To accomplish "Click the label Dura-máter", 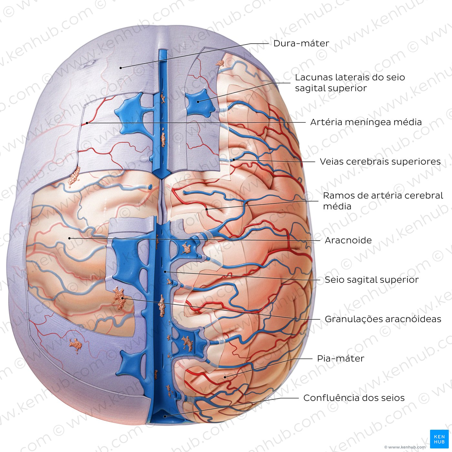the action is [301, 43].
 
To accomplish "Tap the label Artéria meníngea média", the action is [366, 122].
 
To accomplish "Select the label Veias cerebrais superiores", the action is [380, 162].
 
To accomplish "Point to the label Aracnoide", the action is [348, 241].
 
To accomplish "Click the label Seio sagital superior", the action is [372, 280].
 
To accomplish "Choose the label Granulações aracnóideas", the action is [383, 319].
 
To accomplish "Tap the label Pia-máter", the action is [341, 359].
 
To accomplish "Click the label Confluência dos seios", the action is [354, 398].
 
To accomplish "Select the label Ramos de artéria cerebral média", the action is [383, 201].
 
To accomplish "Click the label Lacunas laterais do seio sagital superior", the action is [350, 83].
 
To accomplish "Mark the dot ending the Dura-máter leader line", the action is [120, 68].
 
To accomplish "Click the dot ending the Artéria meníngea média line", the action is [87, 123].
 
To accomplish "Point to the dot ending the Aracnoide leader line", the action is [69, 238].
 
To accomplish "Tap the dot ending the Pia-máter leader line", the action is [225, 377].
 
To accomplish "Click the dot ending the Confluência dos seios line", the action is [165, 416].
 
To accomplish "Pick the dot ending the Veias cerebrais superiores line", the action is [234, 160].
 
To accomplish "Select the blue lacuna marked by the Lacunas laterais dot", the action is [200, 102].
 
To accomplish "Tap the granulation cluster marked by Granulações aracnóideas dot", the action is [119, 298].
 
